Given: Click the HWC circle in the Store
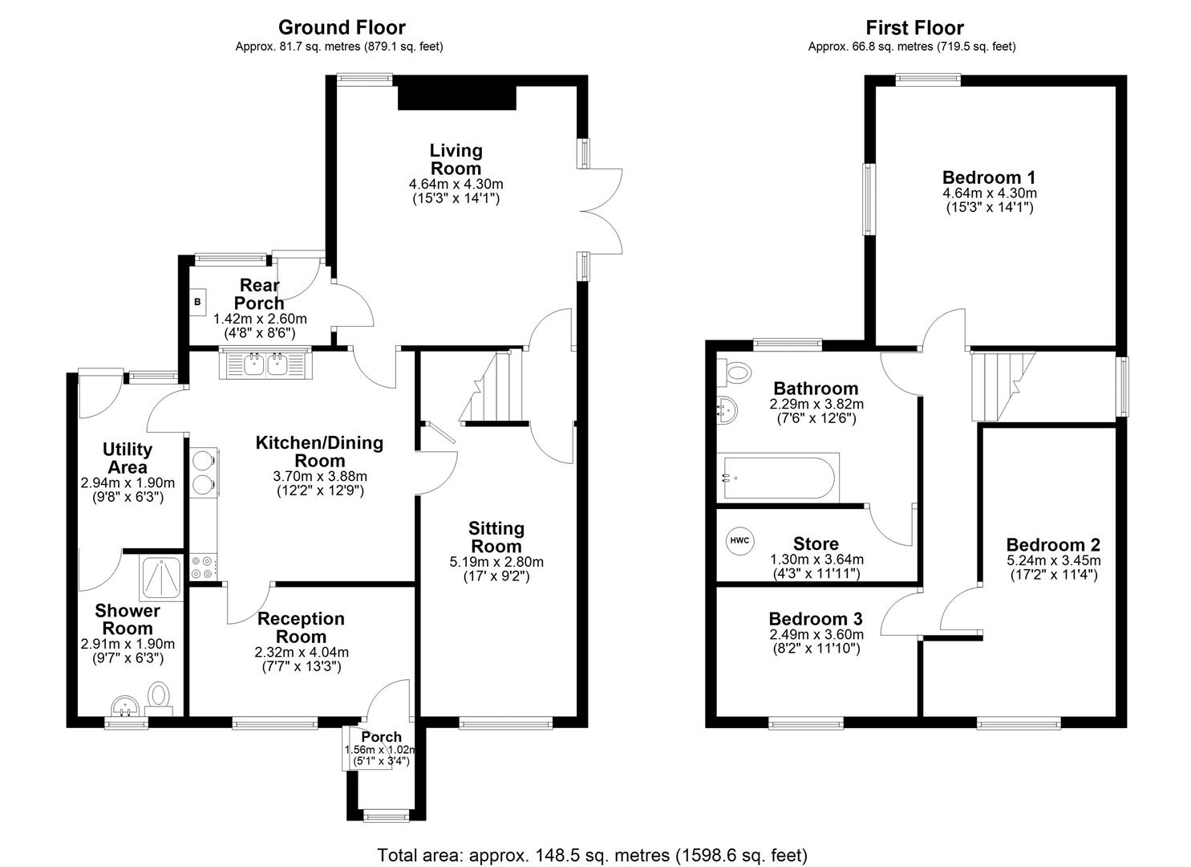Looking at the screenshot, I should [739, 540].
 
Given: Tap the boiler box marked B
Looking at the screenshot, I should [196, 302].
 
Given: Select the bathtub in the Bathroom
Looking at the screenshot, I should [778, 479].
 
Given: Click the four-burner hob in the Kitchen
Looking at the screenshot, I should [201, 568].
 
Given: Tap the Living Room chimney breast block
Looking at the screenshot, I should [457, 97].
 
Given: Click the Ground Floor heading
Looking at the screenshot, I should [341, 28].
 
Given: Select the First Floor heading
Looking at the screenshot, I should [914, 28].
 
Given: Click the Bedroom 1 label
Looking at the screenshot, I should [988, 177].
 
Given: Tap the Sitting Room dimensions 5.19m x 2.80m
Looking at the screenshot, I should [496, 562].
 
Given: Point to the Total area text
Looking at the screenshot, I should [592, 854].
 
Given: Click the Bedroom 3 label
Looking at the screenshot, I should [815, 619].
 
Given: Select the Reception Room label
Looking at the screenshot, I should [301, 628].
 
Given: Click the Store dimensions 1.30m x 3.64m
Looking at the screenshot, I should [816, 560].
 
